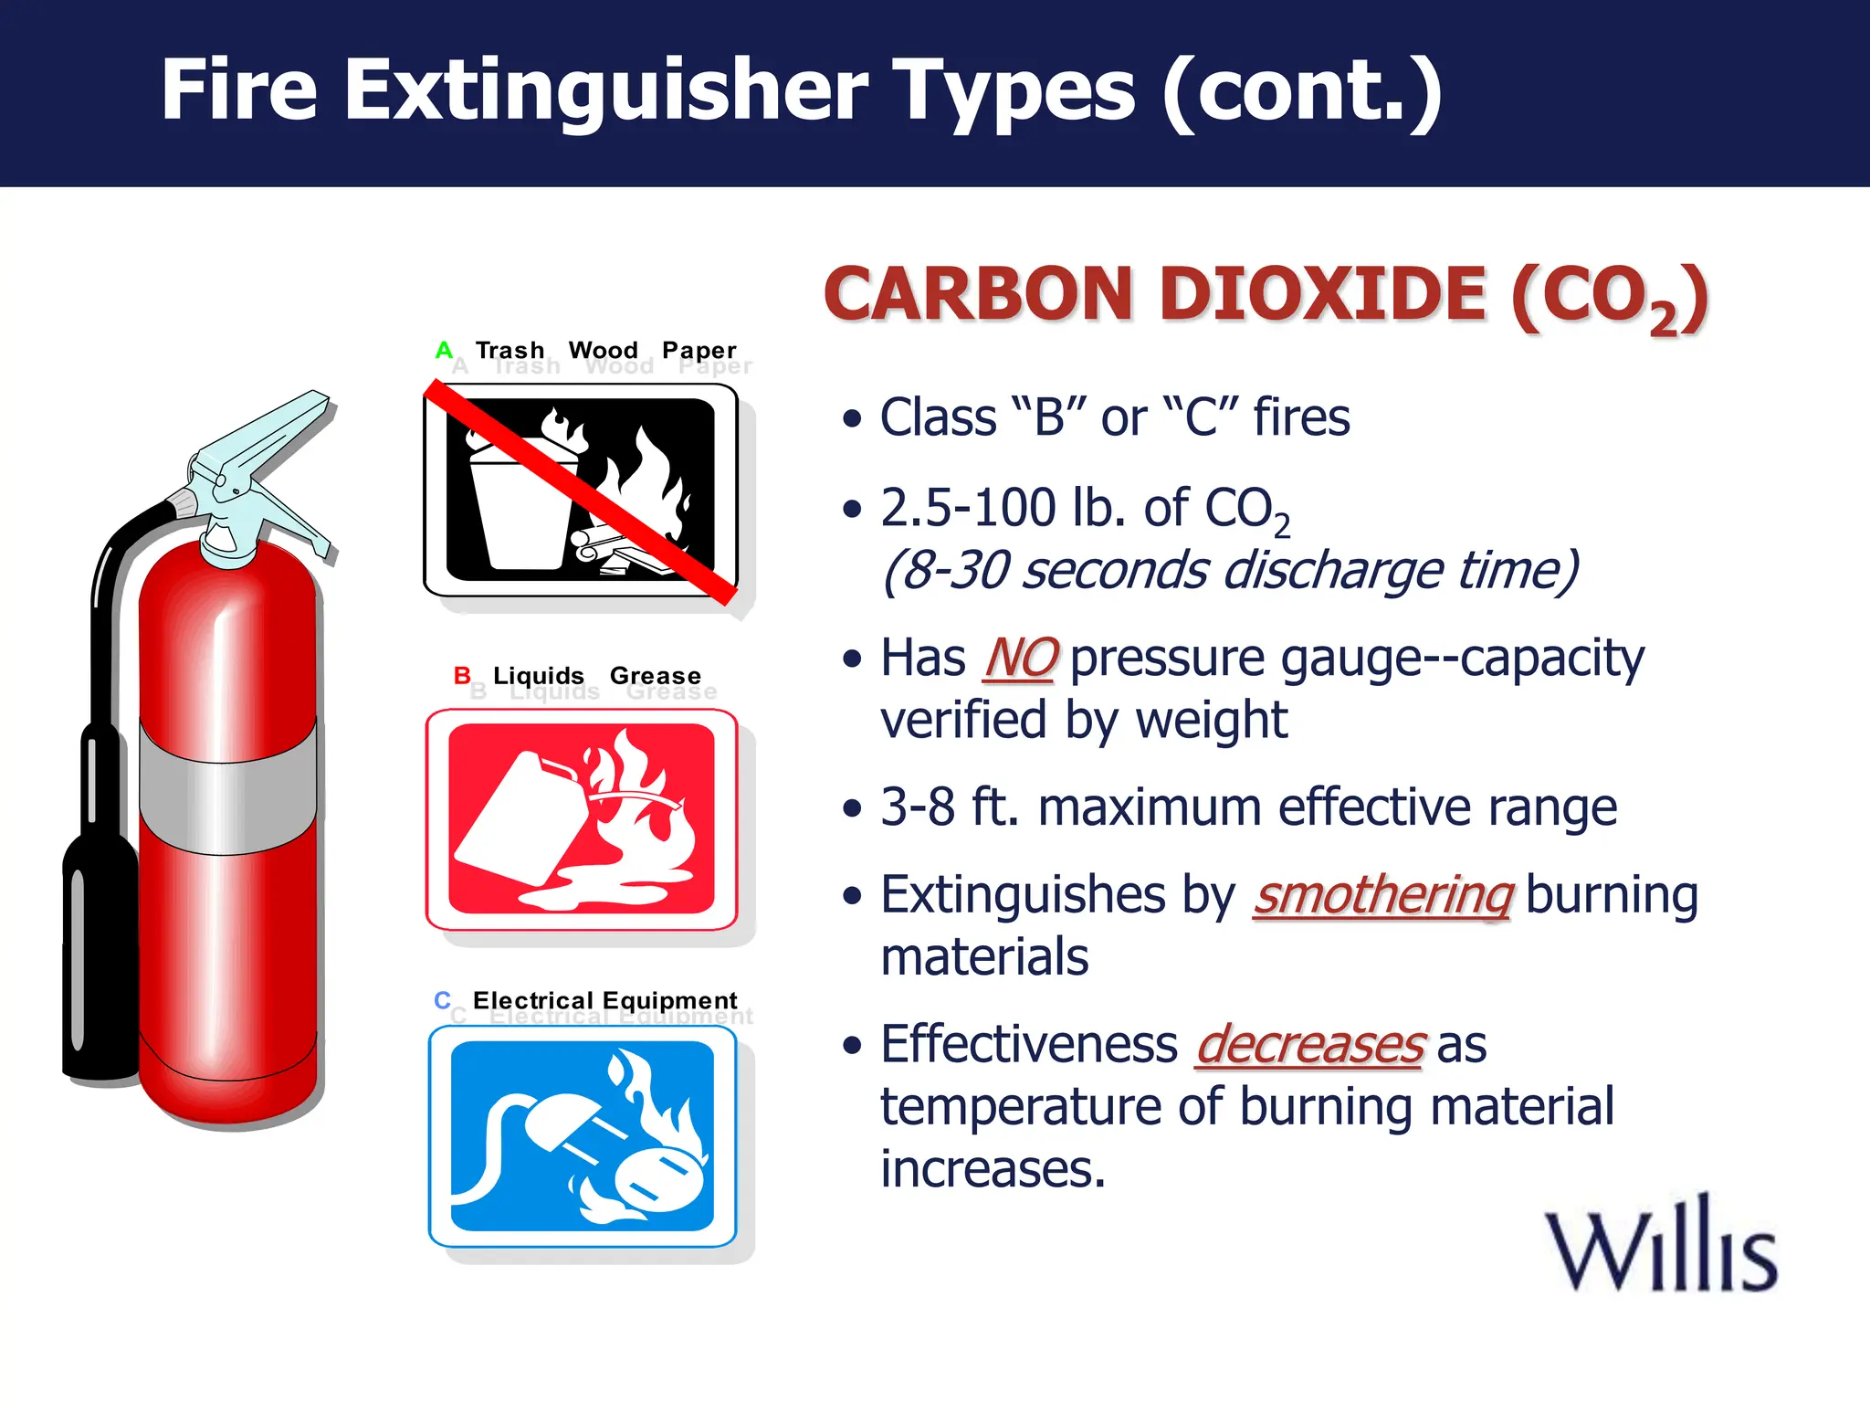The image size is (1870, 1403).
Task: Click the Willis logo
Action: tap(1660, 1248)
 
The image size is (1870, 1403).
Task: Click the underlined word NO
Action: tap(1021, 659)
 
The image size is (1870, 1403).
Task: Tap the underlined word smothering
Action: tap(1383, 895)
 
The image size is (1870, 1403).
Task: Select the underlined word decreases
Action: tap(1309, 1045)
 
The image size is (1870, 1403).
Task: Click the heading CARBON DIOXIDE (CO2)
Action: tap(1265, 296)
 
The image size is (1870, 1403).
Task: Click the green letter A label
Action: tap(444, 350)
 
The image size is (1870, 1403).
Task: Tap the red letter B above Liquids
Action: tap(462, 676)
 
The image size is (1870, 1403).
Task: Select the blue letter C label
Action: tap(443, 1000)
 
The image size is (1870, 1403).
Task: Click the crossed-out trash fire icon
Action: tap(581, 491)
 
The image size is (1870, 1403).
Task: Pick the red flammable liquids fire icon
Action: tap(582, 819)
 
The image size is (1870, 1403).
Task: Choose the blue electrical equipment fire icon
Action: tap(583, 1136)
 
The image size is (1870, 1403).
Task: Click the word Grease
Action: tap(655, 676)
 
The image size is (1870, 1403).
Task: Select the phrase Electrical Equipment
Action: tap(604, 1000)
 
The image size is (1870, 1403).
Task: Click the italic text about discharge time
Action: tap(1229, 570)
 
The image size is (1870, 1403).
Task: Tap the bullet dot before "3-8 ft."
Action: tap(852, 807)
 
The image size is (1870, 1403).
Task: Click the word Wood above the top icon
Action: tap(603, 350)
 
